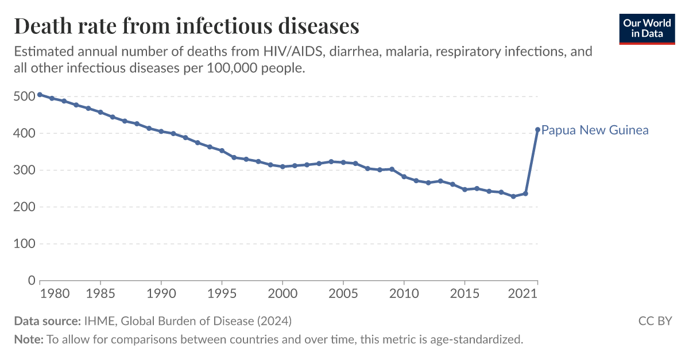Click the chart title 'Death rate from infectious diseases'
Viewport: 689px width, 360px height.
187,26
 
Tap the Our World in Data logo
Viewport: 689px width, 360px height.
647,28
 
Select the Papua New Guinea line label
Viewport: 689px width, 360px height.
595,130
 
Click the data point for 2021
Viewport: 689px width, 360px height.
537,130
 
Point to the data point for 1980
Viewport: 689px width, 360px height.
40,95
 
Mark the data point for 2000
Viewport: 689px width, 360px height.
282,167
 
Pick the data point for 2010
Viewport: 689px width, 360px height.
404,177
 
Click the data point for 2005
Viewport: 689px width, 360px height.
343,162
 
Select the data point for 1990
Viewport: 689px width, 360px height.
161,131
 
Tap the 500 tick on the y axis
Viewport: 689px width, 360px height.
24,96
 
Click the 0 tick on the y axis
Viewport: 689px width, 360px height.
31,280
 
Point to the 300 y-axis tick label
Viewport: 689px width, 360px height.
24,170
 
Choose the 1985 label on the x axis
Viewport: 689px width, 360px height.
100,294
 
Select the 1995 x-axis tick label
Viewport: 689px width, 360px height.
222,294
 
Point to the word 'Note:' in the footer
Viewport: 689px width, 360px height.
28,339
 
